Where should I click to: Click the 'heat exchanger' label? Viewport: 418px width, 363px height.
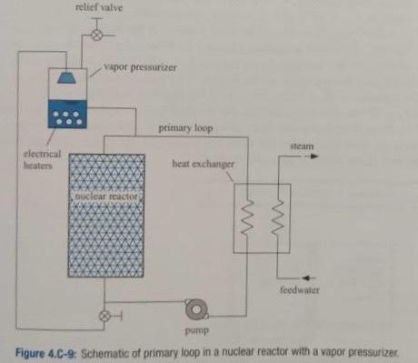202,165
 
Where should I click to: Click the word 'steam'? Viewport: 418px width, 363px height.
301,145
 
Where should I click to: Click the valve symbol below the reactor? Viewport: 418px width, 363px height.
104,315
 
